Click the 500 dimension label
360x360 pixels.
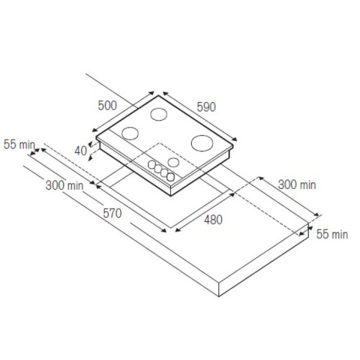pyautogui.click(x=107, y=106)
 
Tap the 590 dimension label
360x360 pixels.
pyautogui.click(x=206, y=107)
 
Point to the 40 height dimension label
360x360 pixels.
pyautogui.click(x=80, y=151)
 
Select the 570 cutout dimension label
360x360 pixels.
pyautogui.click(x=112, y=213)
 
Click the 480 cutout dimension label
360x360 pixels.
pyautogui.click(x=213, y=220)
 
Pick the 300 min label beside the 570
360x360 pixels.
pyautogui.click(x=65, y=185)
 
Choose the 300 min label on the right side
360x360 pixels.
pyautogui.click(x=297, y=185)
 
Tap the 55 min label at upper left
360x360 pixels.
pyautogui.click(x=19, y=145)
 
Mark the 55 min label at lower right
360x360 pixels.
pyautogui.click(x=332, y=235)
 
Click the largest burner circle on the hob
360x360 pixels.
pyautogui.click(x=202, y=143)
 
